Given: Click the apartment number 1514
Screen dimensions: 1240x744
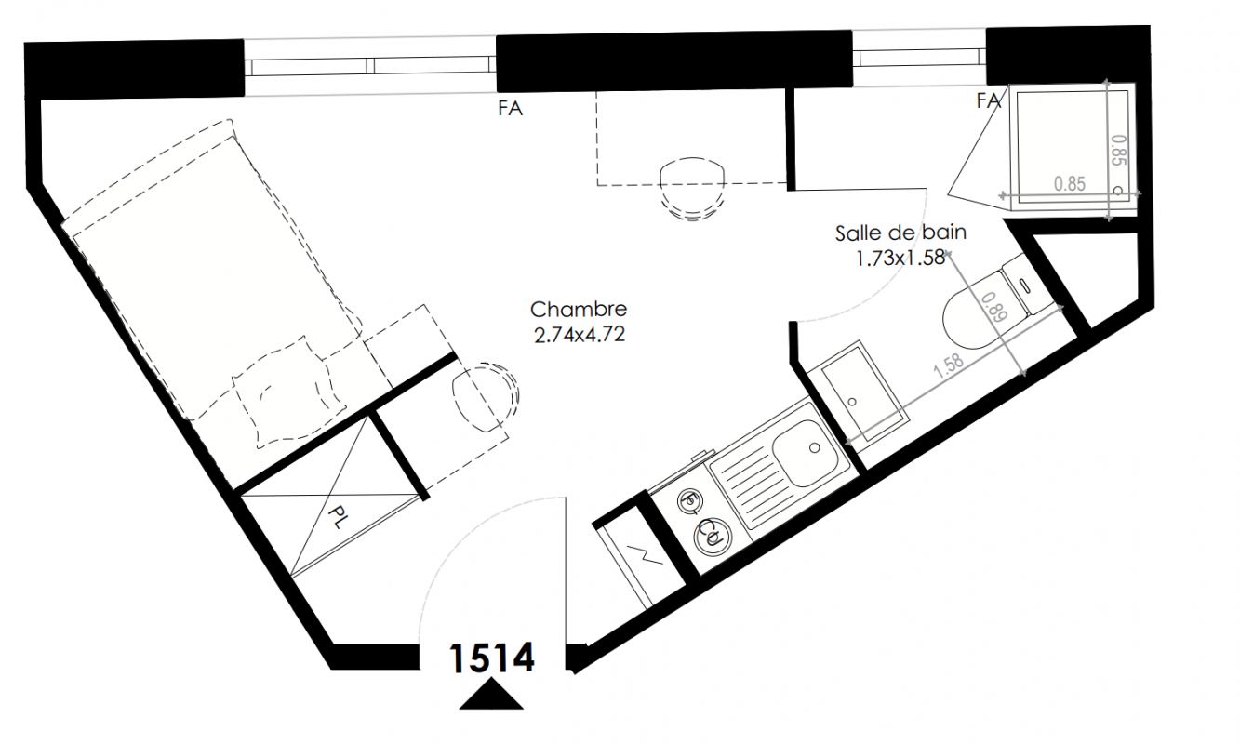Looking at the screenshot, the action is (x=492, y=658).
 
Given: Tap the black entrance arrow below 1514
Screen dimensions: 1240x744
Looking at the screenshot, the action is (x=491, y=695).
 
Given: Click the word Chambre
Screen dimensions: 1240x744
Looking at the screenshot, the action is (x=579, y=310).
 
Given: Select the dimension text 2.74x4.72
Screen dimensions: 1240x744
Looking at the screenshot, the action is (x=580, y=335).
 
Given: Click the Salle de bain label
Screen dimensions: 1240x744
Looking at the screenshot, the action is (x=900, y=232).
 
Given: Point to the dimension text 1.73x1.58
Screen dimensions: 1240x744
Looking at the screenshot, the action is (x=900, y=258).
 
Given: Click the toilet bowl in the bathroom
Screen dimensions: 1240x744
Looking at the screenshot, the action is (x=974, y=321).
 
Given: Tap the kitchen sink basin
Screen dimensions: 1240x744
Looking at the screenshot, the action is (x=806, y=452).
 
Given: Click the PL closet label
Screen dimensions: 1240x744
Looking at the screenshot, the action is (x=337, y=518).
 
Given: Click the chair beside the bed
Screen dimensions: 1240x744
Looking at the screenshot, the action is (x=486, y=396).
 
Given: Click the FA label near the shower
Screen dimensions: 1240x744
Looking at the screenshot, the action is (x=989, y=101).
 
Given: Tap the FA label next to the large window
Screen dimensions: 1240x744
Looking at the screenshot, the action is (x=510, y=109).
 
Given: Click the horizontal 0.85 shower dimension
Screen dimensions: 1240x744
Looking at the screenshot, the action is (x=1070, y=184).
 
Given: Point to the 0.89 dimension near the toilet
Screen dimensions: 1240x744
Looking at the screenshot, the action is (x=994, y=307).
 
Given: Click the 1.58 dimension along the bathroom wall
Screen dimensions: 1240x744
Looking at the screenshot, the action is (x=948, y=365).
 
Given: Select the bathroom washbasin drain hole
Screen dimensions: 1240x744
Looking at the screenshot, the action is (x=852, y=402).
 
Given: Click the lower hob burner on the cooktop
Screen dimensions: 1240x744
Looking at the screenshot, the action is (x=713, y=536).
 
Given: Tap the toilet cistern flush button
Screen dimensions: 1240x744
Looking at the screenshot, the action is (x=1025, y=286).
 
